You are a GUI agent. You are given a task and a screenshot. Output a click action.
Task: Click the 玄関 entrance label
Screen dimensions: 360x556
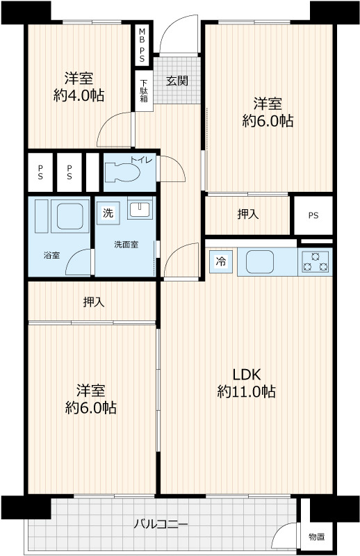click(177, 81)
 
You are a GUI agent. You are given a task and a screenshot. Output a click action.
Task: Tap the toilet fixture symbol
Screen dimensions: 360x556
click(124, 172)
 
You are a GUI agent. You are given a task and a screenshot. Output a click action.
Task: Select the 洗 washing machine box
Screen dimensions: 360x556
click(108, 213)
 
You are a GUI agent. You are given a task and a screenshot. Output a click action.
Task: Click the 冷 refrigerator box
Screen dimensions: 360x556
click(220, 262)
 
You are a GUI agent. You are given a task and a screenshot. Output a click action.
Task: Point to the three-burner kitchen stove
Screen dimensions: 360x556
click(316, 261)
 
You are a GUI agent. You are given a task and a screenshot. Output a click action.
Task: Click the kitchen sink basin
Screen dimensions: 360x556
click(260, 262)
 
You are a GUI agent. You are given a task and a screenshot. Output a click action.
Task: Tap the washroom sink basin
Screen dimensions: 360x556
click(140, 208)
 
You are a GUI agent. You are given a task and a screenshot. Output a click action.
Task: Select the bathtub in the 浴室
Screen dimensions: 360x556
click(69, 216)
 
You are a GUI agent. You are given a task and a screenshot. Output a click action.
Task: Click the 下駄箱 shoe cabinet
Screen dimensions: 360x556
click(144, 90)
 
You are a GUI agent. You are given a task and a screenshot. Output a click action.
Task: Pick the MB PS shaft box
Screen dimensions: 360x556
click(142, 44)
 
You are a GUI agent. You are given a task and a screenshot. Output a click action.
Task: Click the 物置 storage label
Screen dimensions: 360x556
click(316, 537)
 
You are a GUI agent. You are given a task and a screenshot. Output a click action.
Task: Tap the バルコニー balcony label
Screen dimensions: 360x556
click(161, 524)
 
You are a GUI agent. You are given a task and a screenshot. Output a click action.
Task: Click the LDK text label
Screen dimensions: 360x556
click(247, 374)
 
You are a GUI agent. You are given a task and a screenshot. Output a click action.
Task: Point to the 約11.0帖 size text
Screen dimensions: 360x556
click(247, 392)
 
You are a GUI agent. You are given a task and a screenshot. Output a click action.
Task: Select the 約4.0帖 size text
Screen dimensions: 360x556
click(79, 96)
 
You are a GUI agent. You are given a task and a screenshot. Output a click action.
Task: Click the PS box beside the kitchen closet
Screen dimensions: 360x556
click(313, 215)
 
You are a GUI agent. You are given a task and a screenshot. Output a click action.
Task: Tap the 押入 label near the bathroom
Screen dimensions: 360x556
click(94, 302)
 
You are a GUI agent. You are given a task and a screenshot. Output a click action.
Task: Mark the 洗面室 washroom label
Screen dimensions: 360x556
click(126, 245)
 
